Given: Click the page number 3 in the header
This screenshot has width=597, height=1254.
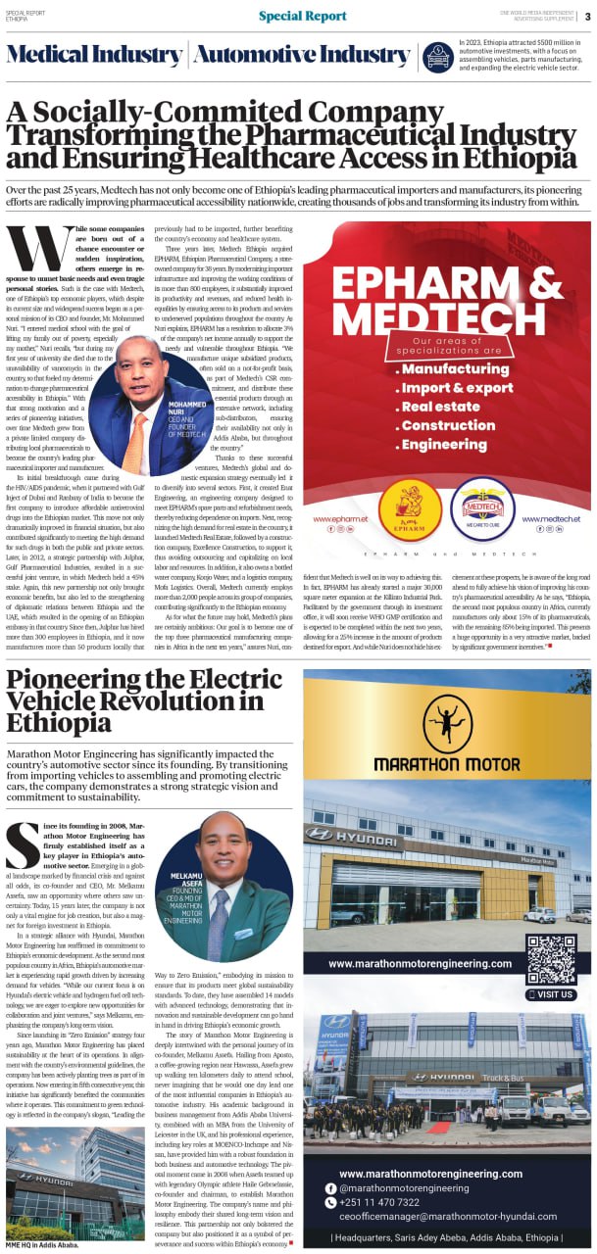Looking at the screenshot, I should [x=586, y=16].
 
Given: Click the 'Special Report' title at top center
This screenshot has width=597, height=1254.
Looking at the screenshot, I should [x=302, y=16].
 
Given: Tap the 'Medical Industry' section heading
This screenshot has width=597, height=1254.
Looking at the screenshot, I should [x=95, y=55].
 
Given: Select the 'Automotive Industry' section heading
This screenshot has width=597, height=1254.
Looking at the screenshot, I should [x=301, y=55].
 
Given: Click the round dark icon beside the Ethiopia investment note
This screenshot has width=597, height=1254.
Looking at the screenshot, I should [x=438, y=57].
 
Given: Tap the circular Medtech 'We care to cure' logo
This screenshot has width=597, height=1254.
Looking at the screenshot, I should [x=482, y=509].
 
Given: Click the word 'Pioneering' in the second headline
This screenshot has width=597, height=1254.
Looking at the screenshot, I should [x=83, y=680].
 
